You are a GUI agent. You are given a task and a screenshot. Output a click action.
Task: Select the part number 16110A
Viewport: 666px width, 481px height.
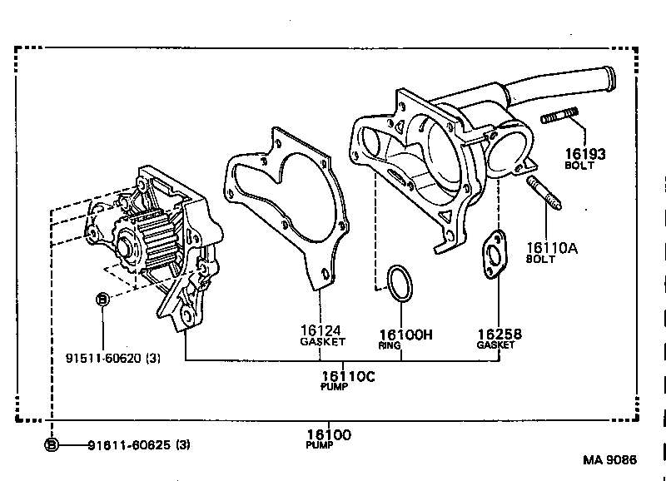(x=550, y=246)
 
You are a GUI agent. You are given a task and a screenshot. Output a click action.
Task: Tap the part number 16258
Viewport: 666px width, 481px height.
(x=499, y=334)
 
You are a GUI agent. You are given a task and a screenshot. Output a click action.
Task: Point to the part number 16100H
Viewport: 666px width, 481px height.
(x=406, y=334)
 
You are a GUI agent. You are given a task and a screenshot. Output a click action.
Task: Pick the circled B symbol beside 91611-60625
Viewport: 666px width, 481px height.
(x=52, y=445)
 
